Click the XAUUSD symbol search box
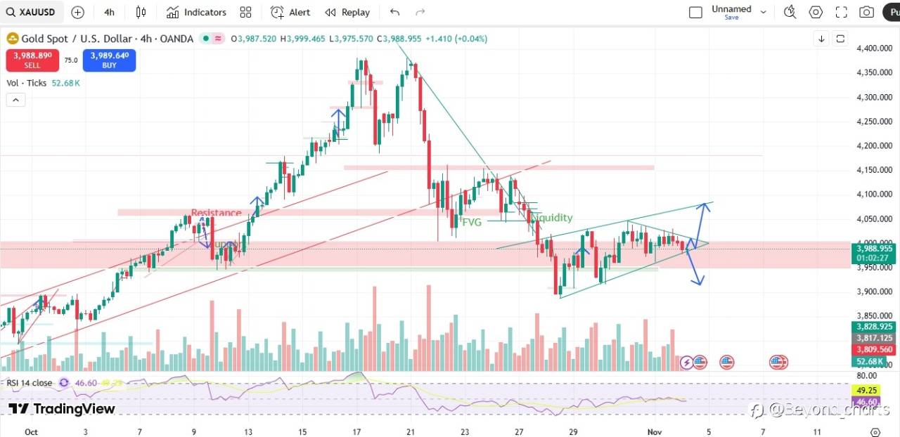(x=32, y=12)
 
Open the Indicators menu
(x=197, y=12)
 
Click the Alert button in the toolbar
(x=290, y=12)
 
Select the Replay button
(x=347, y=12)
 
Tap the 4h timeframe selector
(x=109, y=12)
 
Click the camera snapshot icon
(x=867, y=12)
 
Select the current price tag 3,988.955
(x=873, y=248)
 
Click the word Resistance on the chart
(x=216, y=213)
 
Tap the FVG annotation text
(x=472, y=221)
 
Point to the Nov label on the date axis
(x=654, y=432)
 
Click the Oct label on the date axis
(x=31, y=432)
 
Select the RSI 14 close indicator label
(x=29, y=383)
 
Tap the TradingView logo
(x=62, y=409)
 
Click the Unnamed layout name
(x=731, y=9)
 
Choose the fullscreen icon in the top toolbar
(x=841, y=12)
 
